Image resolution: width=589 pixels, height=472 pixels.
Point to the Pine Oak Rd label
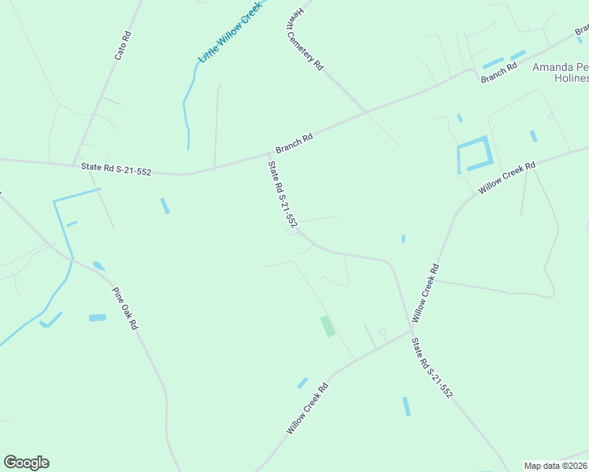click(125, 308)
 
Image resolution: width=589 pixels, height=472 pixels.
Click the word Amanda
click(552, 67)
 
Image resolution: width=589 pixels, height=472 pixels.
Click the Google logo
click(27, 463)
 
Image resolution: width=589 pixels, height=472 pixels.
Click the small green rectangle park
click(327, 326)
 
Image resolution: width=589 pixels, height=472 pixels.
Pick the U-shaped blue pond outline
click(475, 155)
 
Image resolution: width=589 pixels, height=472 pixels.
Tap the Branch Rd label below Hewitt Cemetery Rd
click(294, 142)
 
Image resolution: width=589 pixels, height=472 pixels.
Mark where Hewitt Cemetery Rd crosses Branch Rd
click(365, 112)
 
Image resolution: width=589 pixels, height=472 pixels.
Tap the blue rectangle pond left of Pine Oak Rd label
click(97, 318)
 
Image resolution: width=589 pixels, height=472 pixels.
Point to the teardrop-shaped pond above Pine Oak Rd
click(98, 266)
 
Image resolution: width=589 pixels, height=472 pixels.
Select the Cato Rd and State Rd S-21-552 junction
click(76, 164)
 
